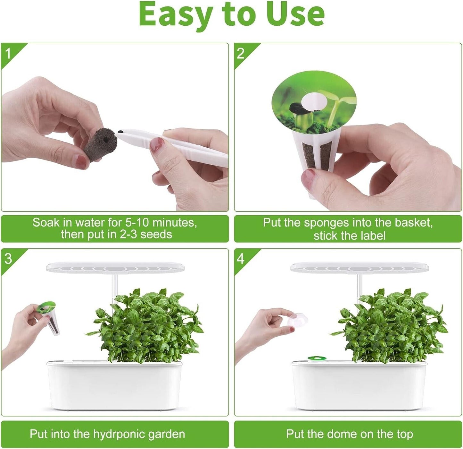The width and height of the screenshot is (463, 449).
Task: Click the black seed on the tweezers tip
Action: click(120, 131)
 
